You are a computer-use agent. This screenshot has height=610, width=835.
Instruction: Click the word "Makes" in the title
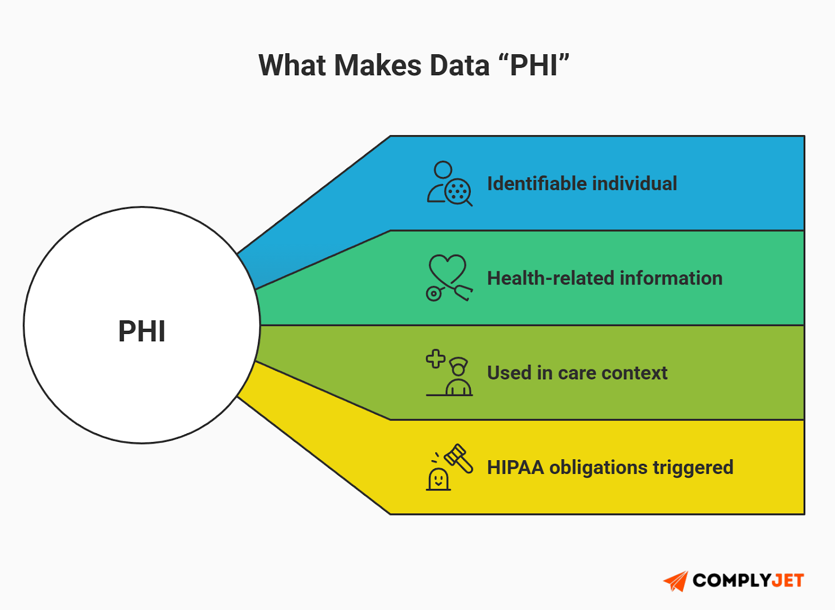(x=377, y=66)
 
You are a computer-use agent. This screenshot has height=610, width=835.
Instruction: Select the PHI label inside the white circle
(x=142, y=331)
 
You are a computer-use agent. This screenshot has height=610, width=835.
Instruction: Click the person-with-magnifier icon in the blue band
(x=449, y=184)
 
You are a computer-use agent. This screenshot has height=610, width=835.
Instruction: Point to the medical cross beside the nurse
(x=435, y=359)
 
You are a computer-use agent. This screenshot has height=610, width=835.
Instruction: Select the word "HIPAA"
(x=515, y=468)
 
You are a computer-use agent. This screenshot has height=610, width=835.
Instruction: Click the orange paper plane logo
(x=676, y=581)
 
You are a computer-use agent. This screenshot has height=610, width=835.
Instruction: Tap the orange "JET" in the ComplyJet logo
(x=788, y=581)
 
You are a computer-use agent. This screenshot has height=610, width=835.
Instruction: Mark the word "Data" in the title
(x=459, y=66)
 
